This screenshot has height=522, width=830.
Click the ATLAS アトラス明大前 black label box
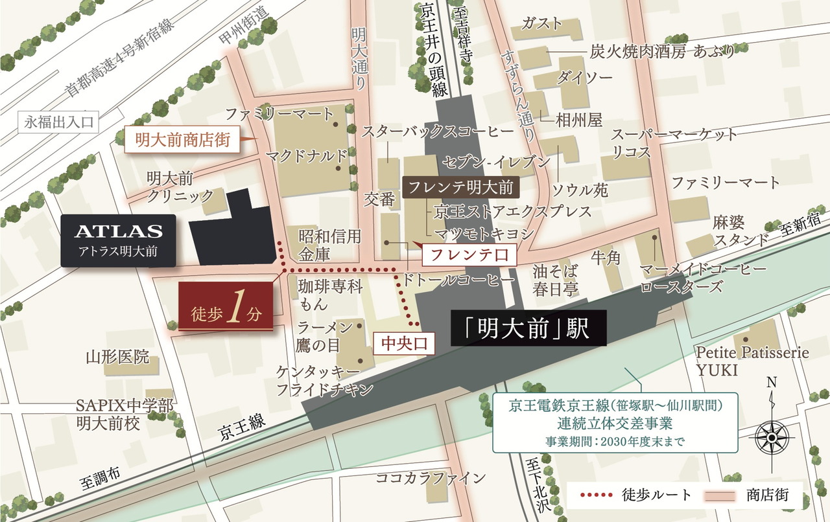(x=118, y=241)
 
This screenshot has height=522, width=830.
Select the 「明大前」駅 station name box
(x=527, y=328)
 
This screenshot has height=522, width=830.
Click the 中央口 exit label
(x=403, y=343)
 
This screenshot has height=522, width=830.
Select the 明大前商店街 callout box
(x=182, y=139)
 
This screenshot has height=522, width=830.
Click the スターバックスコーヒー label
(x=438, y=131)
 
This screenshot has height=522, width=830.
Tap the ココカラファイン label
(x=431, y=479)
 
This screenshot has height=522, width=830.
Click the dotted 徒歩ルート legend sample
(x=595, y=495)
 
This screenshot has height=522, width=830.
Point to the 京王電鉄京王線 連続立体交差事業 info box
(x=615, y=423)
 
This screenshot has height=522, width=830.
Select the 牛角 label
(x=606, y=258)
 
